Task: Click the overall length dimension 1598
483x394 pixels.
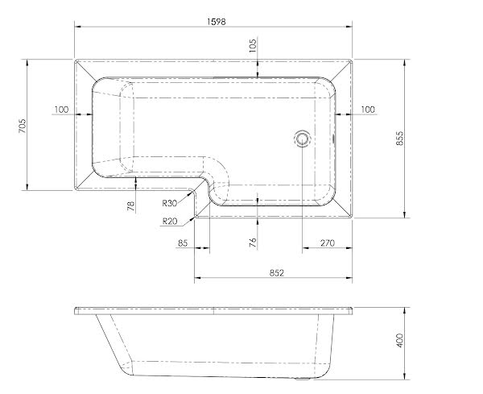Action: pyautogui.click(x=213, y=19)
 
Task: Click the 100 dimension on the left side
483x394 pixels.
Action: pyautogui.click(x=61, y=110)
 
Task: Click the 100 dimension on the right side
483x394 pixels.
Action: pyautogui.click(x=368, y=110)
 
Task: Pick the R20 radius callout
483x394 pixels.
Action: pyautogui.click(x=170, y=221)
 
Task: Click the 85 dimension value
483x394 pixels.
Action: pyautogui.click(x=183, y=242)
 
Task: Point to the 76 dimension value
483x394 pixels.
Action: pyautogui.click(x=253, y=241)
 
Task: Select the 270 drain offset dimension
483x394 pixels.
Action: pyautogui.click(x=328, y=242)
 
